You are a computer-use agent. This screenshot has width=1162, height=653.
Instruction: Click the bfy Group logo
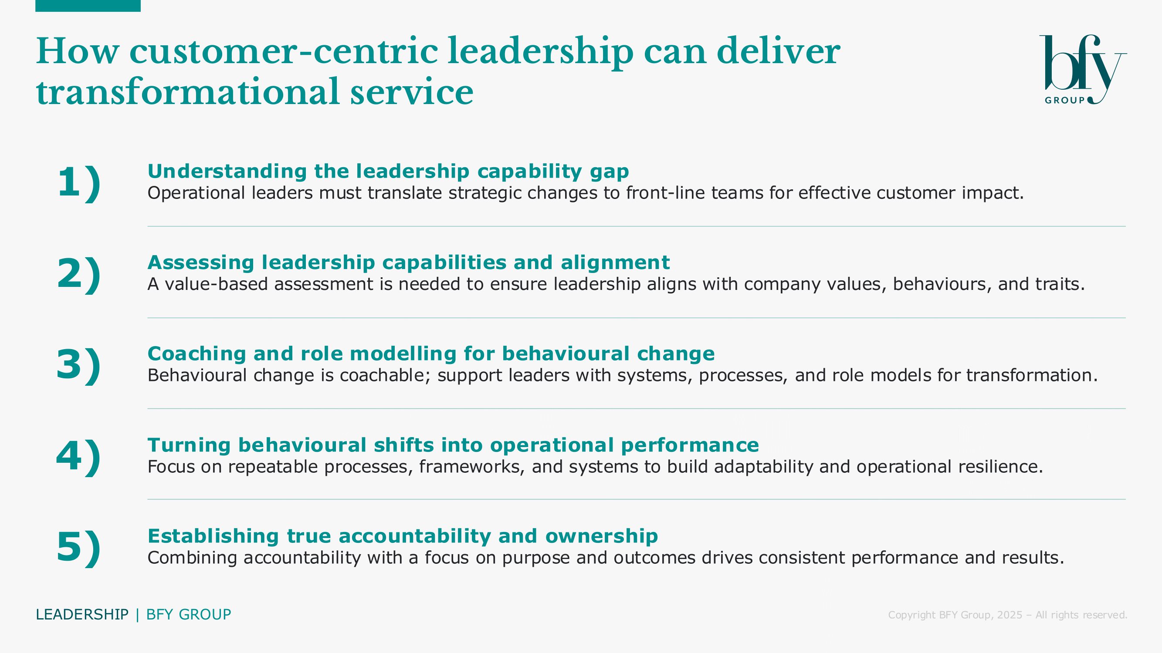pyautogui.click(x=1083, y=69)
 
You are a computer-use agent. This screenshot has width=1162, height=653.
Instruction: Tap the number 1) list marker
pyautogui.click(x=79, y=182)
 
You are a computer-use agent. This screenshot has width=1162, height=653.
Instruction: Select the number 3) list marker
pyautogui.click(x=79, y=365)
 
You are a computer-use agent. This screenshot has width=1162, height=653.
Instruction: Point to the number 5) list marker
pyautogui.click(x=79, y=547)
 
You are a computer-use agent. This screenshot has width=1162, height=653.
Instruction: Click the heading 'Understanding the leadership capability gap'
pyautogui.click(x=388, y=171)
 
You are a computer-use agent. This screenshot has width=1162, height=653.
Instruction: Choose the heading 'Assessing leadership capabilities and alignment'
pyautogui.click(x=409, y=262)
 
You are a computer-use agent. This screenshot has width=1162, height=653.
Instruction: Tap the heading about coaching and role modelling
pyautogui.click(x=431, y=353)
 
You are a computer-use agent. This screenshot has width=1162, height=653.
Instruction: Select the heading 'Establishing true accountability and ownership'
pyautogui.click(x=403, y=536)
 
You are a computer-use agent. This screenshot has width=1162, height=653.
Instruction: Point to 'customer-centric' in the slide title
pyautogui.click(x=284, y=51)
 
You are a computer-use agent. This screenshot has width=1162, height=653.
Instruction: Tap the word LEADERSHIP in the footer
pyautogui.click(x=82, y=615)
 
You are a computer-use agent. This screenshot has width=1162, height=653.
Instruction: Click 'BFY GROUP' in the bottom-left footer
pyautogui.click(x=189, y=615)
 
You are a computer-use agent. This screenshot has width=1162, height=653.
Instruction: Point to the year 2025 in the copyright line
pyautogui.click(x=1009, y=615)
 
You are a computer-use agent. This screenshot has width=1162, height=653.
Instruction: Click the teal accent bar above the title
pyautogui.click(x=88, y=6)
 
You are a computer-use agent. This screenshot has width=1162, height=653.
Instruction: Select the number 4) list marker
pyautogui.click(x=79, y=456)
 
